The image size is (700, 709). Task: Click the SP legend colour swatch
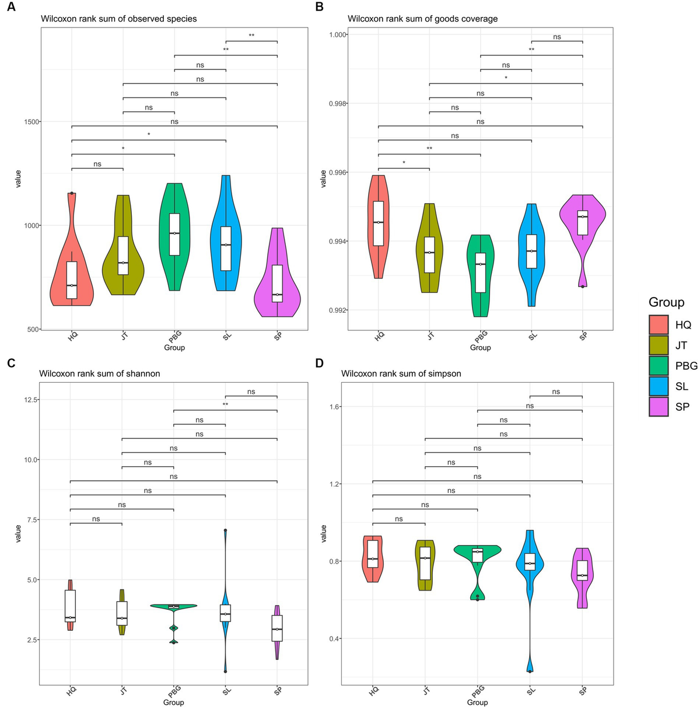click(x=659, y=407)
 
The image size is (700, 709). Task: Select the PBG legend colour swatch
click(x=659, y=366)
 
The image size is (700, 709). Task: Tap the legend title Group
click(x=666, y=302)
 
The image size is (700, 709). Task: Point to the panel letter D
click(x=319, y=363)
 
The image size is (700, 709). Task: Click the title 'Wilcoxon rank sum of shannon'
click(x=99, y=373)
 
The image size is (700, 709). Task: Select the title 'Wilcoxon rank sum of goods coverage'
click(x=422, y=19)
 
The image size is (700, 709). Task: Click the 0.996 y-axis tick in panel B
click(x=335, y=173)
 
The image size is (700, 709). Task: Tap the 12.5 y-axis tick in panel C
click(x=30, y=400)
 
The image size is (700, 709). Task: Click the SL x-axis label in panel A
click(x=227, y=336)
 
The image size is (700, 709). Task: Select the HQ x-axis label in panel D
click(x=374, y=691)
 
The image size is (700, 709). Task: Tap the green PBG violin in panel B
click(x=480, y=274)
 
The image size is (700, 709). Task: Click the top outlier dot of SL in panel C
click(x=225, y=530)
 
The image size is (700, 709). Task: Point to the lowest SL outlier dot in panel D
click(x=530, y=671)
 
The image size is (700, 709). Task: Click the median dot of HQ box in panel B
click(x=379, y=222)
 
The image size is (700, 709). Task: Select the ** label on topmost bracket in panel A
click(x=251, y=36)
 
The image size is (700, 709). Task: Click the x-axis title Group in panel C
click(x=174, y=702)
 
